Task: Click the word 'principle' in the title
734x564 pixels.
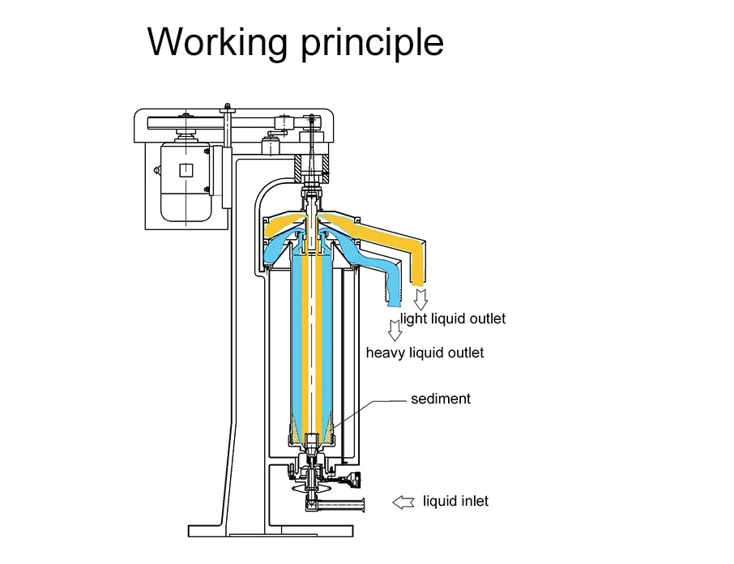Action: [372, 42]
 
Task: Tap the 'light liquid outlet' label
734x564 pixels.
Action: [453, 318]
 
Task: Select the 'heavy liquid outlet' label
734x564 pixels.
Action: [425, 352]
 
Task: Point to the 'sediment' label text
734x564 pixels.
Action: [440, 399]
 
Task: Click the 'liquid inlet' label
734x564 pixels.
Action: [455, 501]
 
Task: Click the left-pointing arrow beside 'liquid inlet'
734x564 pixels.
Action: [403, 502]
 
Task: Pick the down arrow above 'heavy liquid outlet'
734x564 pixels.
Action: [395, 331]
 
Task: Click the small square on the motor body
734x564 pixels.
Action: [186, 169]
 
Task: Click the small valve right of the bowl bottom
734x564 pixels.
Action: [352, 480]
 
